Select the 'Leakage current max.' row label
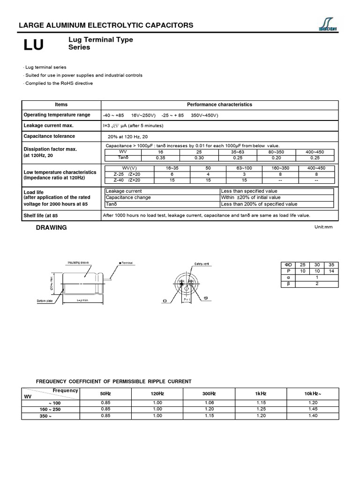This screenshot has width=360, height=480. point(48,126)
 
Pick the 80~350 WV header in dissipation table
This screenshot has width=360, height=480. point(276,152)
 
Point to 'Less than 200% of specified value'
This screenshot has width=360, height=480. point(259,204)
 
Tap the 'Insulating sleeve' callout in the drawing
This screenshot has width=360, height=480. point(78,262)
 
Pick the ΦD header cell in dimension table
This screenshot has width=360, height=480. point(289,265)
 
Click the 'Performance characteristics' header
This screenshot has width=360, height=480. point(219,105)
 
